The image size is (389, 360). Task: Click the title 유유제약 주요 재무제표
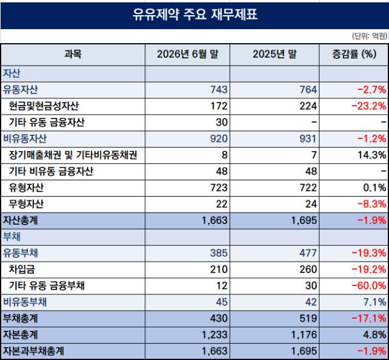tap(194, 15)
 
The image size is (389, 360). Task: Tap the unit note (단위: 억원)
tap(370, 36)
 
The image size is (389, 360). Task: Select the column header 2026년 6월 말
tap(188, 54)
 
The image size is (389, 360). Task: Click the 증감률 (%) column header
tap(354, 54)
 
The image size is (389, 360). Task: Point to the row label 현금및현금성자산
tap(44, 106)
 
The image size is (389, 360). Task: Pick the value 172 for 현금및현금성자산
tap(219, 106)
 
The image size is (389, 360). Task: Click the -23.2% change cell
tap(369, 106)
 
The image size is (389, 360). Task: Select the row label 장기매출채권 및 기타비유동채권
tap(73, 155)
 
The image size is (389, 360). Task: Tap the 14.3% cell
tap(372, 155)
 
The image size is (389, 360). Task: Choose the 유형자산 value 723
tap(219, 188)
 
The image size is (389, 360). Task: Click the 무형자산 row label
tap(26, 204)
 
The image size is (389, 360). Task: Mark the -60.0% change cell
tap(369, 286)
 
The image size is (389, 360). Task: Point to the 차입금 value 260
tap(308, 270)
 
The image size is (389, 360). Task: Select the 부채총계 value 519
tap(308, 318)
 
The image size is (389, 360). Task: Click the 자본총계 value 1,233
tap(215, 335)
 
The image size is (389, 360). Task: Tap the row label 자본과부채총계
tap(33, 351)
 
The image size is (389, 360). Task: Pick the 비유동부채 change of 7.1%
tap(374, 302)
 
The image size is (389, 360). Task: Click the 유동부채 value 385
tap(219, 253)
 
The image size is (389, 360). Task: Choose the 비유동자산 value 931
tap(308, 138)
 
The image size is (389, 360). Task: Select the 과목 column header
tap(73, 54)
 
